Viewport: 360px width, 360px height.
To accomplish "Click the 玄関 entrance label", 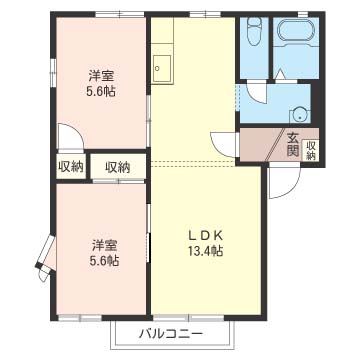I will point(293,145).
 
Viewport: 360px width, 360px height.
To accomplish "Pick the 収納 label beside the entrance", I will point(311,146).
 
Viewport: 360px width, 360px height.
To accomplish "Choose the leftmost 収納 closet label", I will point(71,167).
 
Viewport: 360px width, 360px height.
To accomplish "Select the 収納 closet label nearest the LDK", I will point(118,167).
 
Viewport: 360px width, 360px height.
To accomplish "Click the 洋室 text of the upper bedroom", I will point(99,74).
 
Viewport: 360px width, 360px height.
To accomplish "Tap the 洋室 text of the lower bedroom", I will point(105,245).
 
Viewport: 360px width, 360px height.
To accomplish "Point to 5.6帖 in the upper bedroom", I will point(99,91).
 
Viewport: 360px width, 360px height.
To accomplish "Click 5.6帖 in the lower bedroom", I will point(105,261).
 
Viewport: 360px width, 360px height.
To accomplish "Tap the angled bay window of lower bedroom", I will point(44,254).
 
